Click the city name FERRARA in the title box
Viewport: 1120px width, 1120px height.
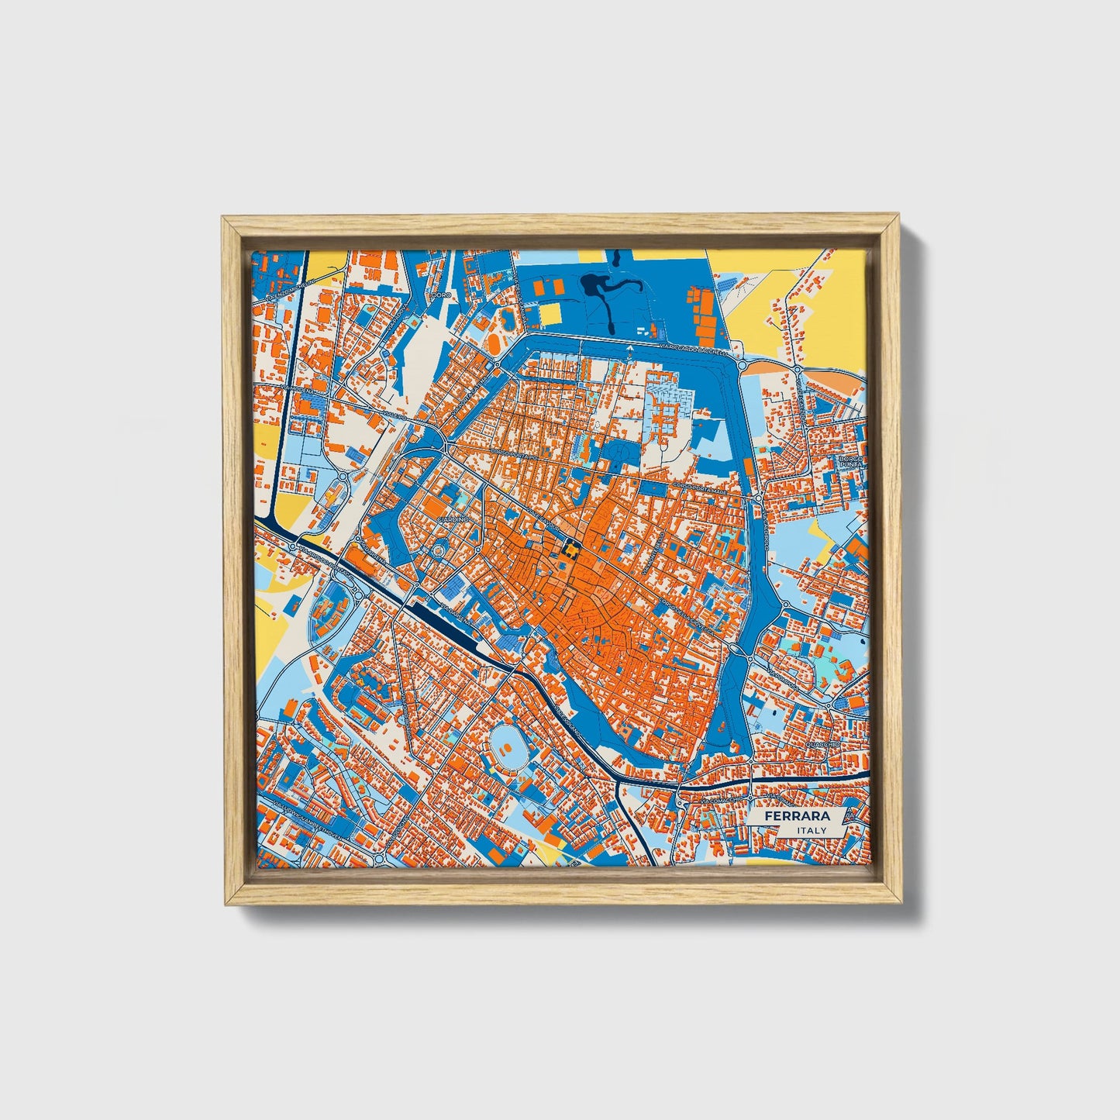pos(797,816)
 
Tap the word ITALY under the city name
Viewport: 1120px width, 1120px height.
pos(812,830)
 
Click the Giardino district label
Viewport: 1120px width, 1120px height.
pos(453,518)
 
